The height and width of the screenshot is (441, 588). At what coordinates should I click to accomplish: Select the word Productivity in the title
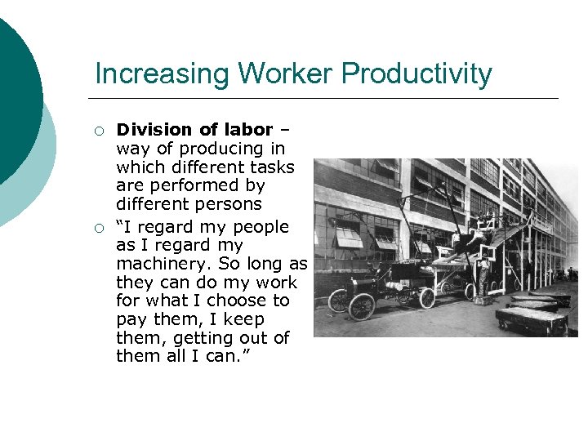coord(416,74)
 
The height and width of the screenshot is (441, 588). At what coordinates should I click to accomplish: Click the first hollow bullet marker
coord(100,131)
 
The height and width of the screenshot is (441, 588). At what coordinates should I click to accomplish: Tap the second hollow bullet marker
coord(100,228)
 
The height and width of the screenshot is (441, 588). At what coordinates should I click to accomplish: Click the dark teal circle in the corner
coord(12,98)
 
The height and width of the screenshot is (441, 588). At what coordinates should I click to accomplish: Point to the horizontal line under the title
coord(327,98)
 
